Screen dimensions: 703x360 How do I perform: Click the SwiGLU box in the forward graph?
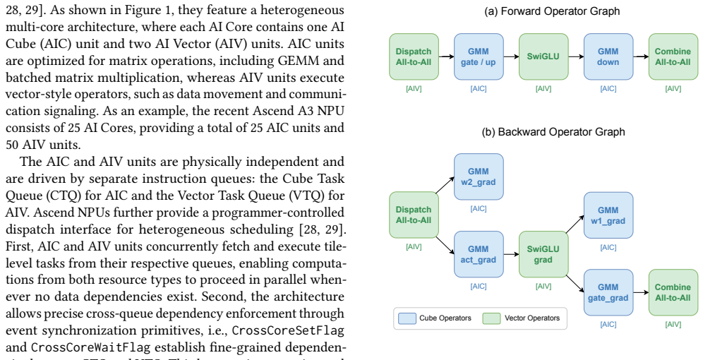point(543,56)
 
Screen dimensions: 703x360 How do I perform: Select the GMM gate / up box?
point(479,56)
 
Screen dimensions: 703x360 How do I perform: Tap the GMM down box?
point(608,56)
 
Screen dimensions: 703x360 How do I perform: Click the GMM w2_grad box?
point(479,176)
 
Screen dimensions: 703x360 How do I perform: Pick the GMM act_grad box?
point(479,254)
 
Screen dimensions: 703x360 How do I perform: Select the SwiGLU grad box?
point(543,254)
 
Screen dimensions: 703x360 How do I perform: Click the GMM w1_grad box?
point(608,215)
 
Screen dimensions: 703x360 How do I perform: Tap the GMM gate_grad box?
point(608,292)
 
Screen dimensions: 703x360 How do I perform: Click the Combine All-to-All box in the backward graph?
point(673,292)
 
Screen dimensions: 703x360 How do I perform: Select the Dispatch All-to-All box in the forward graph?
point(414,56)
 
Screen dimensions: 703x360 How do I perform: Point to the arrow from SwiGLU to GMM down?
point(576,56)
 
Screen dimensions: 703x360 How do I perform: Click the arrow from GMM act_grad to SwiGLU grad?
point(511,254)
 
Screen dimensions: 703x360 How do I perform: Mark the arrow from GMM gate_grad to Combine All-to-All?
point(641,292)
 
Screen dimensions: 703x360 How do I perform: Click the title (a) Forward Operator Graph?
point(552,11)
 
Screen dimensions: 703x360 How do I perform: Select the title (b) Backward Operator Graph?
point(553,132)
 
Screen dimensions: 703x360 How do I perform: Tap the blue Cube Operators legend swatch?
point(407,318)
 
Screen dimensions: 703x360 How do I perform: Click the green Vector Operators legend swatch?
point(491,318)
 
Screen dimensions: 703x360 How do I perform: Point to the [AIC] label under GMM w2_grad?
point(479,208)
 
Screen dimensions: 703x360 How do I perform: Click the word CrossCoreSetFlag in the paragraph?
point(288,330)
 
